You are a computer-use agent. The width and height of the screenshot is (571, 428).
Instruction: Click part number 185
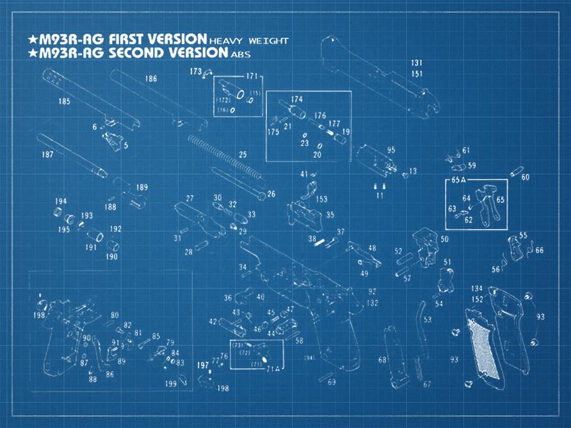pyautogui.click(x=64, y=101)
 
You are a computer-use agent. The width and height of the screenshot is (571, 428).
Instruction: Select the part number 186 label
pyautogui.click(x=151, y=79)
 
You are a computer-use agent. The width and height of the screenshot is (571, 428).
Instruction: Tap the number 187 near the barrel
pyautogui.click(x=47, y=155)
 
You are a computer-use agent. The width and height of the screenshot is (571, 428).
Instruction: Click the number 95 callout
pyautogui.click(x=390, y=150)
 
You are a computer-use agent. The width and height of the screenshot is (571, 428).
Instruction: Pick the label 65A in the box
pyautogui.click(x=458, y=180)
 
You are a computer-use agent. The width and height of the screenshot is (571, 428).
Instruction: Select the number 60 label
pyautogui.click(x=525, y=177)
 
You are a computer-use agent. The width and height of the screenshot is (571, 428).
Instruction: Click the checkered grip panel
pyautogui.click(x=482, y=349)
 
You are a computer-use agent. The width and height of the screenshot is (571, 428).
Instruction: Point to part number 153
pyautogui.click(x=322, y=200)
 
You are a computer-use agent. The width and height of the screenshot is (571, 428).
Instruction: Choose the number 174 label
pyautogui.click(x=296, y=100)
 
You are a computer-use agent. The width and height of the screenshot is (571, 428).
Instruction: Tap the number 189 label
pyautogui.click(x=141, y=187)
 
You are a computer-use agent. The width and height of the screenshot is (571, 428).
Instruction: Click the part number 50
pyautogui.click(x=444, y=239)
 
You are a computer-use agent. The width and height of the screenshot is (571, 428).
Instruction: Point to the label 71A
pyautogui.click(x=273, y=369)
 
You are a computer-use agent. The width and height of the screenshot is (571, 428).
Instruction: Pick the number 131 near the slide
pyautogui.click(x=417, y=63)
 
